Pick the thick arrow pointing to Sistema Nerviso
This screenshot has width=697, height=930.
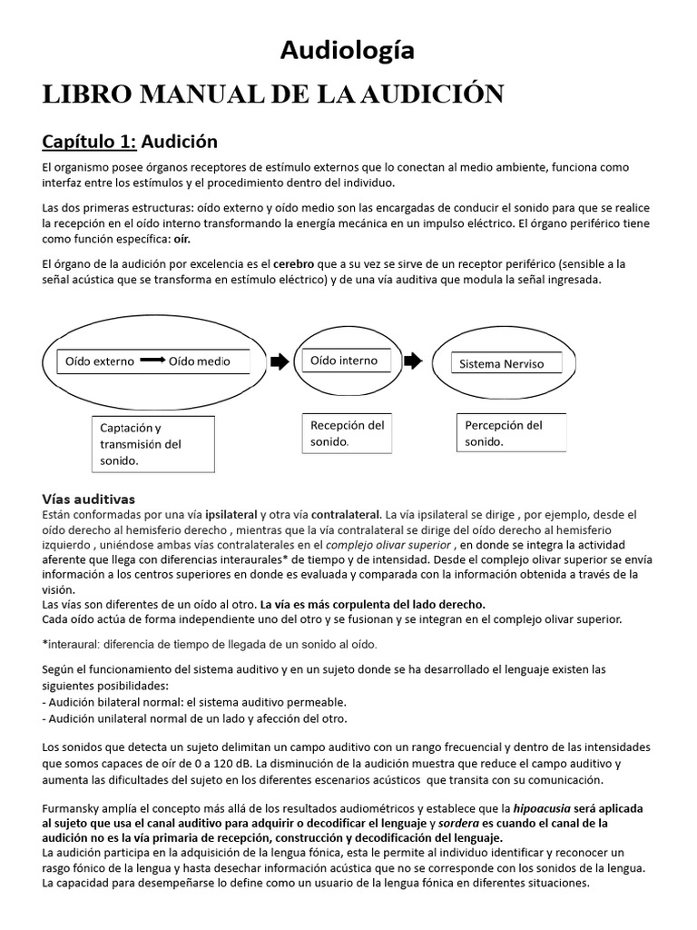[x=412, y=361]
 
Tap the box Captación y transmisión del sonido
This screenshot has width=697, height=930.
[x=153, y=443]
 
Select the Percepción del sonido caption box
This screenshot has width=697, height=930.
[x=509, y=433]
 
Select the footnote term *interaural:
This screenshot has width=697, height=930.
[x=75, y=644]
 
